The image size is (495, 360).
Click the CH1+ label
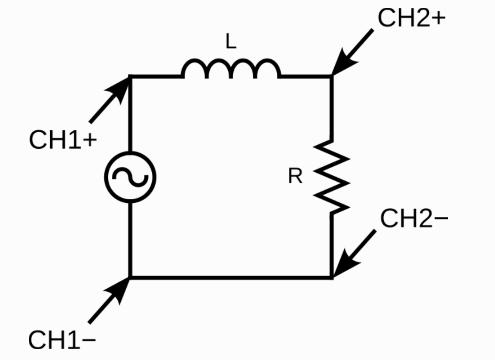click(x=63, y=140)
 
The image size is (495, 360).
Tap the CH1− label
click(x=62, y=340)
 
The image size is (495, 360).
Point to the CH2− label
click(x=414, y=219)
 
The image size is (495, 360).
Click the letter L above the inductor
click(x=231, y=42)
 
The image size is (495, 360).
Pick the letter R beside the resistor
click(x=295, y=177)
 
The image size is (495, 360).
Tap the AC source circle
click(x=130, y=177)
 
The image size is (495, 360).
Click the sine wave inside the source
click(x=130, y=177)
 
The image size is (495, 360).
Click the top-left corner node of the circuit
click(x=130, y=76)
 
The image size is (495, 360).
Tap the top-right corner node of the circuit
click(x=331, y=76)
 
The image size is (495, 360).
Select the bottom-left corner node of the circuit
click(x=130, y=278)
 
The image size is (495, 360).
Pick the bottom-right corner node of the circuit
click(x=331, y=278)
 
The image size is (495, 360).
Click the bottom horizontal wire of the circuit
click(x=231, y=278)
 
